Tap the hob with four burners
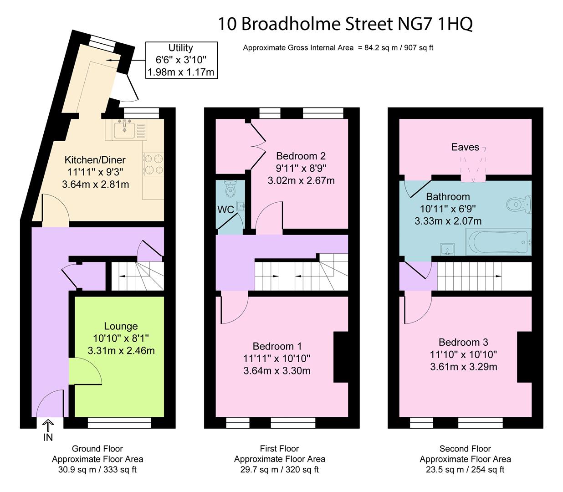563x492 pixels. pyautogui.click(x=153, y=164)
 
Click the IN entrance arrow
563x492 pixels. pyautogui.click(x=48, y=425)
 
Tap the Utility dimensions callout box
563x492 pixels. pyautogui.click(x=181, y=60)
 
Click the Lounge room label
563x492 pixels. pyautogui.click(x=121, y=326)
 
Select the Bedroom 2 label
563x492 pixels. pyautogui.click(x=301, y=156)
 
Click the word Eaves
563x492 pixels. pyautogui.click(x=465, y=147)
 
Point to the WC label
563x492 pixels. pyautogui.click(x=225, y=210)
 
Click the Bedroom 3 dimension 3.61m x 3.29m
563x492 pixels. pyautogui.click(x=464, y=367)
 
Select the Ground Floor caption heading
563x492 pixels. pyautogui.click(x=97, y=449)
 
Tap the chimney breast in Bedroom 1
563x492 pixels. pyautogui.click(x=341, y=357)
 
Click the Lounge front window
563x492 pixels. pyautogui.click(x=119, y=423)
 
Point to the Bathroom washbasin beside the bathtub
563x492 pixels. pyautogui.click(x=447, y=249)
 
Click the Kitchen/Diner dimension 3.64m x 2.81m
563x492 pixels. pyautogui.click(x=96, y=184)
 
